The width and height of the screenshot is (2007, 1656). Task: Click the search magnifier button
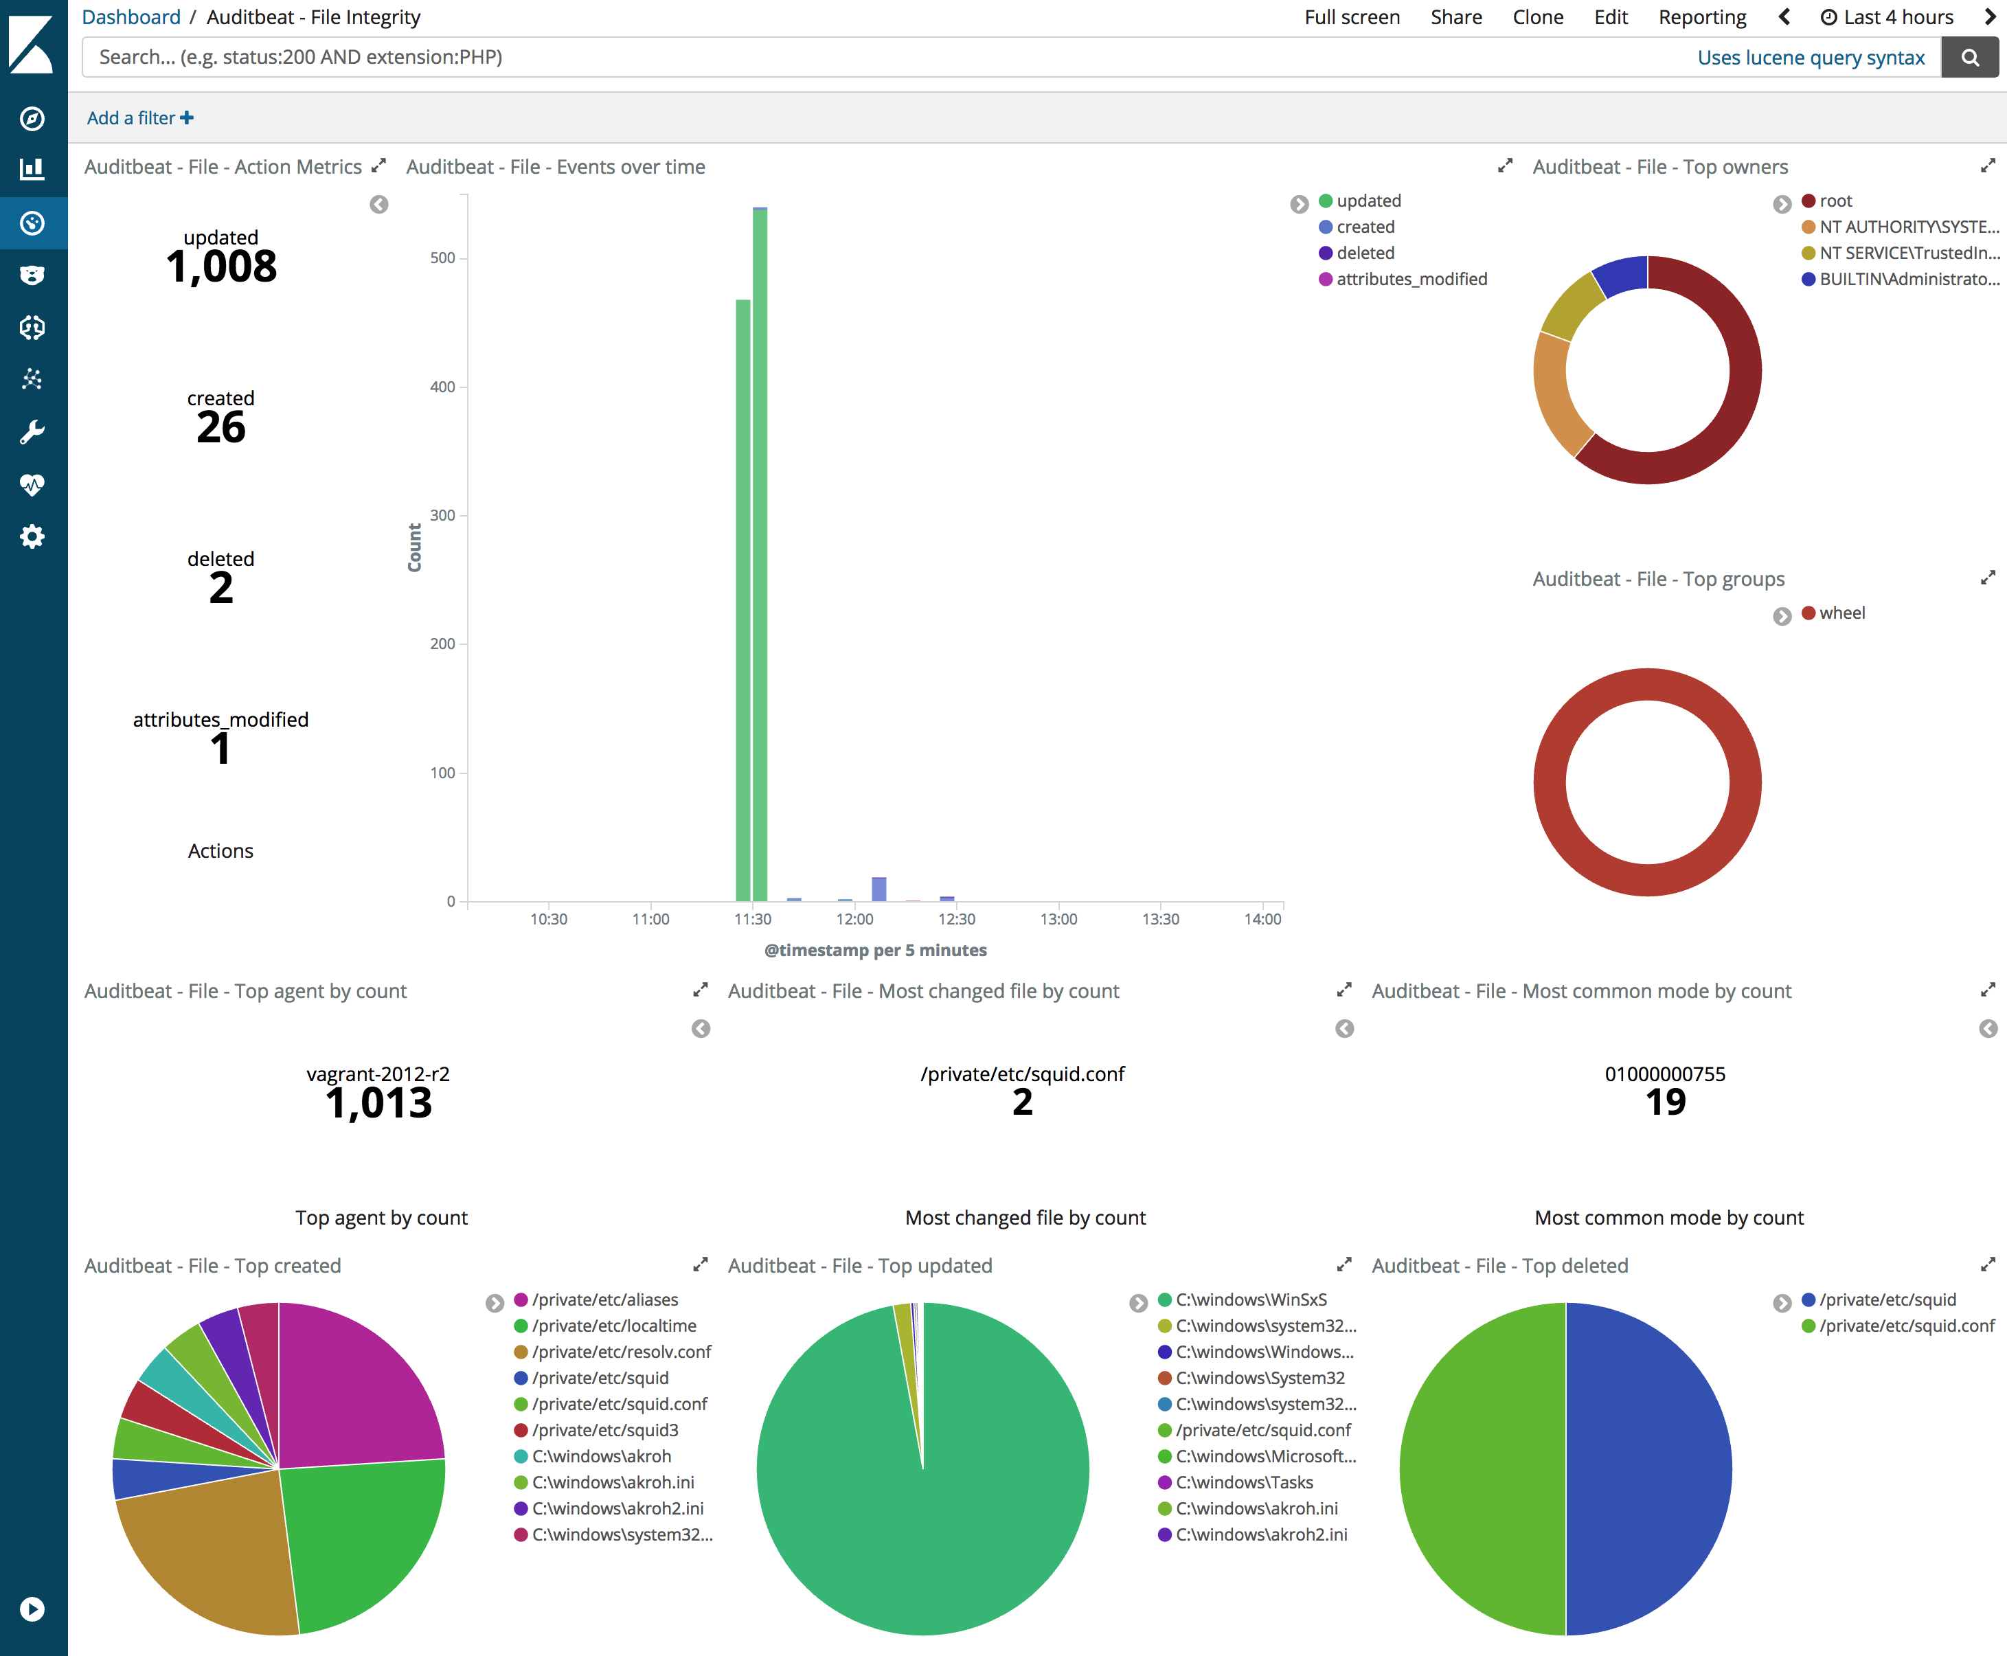click(x=1970, y=57)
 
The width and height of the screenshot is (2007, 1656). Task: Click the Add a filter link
click(x=140, y=118)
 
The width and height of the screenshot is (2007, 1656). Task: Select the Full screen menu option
click(x=1352, y=17)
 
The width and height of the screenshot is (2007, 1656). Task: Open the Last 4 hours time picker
click(x=1887, y=17)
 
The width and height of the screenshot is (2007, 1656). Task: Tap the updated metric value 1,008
click(x=221, y=266)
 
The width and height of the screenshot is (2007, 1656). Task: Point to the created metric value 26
click(x=221, y=427)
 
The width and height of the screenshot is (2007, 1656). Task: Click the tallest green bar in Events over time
click(x=760, y=554)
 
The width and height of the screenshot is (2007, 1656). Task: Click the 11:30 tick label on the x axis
click(x=753, y=918)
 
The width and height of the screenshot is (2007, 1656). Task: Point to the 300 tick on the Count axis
click(x=442, y=515)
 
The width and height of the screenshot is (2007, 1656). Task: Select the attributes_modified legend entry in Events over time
click(x=1403, y=280)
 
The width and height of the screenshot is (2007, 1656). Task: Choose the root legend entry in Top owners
click(x=1827, y=201)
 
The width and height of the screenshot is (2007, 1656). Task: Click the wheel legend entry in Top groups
click(x=1833, y=613)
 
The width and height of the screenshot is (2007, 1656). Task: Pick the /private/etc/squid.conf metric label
click(x=1023, y=1074)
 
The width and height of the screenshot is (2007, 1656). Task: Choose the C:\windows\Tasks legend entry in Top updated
click(x=1235, y=1482)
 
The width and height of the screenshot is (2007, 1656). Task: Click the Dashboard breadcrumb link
click(x=131, y=17)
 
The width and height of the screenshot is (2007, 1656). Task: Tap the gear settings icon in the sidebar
click(x=32, y=536)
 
